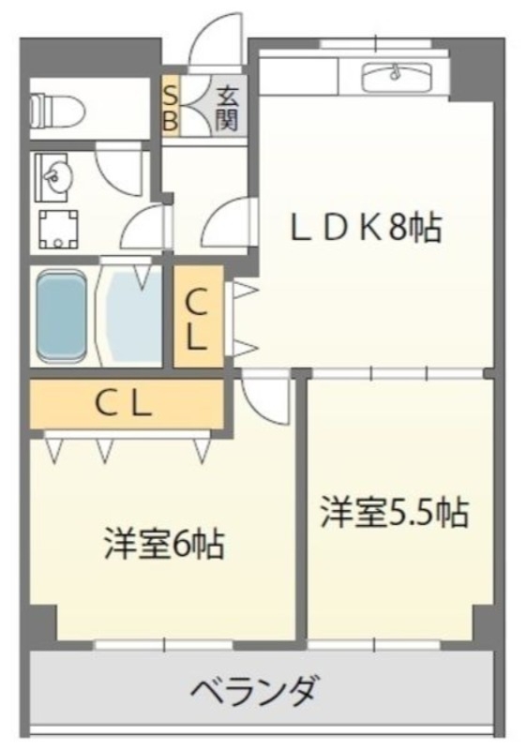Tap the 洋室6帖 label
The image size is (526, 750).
163,544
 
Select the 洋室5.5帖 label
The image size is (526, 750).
393,513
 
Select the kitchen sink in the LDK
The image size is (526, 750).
395,74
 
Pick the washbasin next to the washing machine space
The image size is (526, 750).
56,175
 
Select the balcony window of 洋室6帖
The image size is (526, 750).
165,644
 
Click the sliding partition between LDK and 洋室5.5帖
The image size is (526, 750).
398,373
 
